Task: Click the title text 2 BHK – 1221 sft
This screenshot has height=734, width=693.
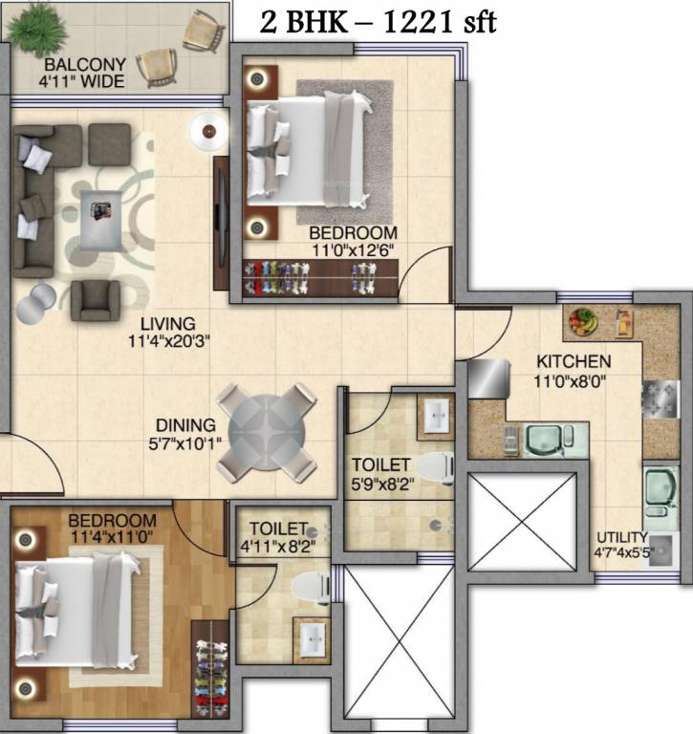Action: point(378,20)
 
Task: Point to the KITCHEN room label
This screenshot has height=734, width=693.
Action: point(573,362)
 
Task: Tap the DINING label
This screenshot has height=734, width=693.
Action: point(188,424)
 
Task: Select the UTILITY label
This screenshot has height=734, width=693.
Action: point(622,537)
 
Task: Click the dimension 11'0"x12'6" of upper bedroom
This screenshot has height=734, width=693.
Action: point(353,250)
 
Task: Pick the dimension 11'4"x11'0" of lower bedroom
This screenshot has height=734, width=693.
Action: point(112,538)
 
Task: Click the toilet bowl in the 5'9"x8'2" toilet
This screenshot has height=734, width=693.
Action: point(439,465)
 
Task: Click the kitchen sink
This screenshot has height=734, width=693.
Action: point(545,441)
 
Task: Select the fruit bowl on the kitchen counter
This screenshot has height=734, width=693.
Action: point(582,321)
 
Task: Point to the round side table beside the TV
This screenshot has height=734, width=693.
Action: point(207,130)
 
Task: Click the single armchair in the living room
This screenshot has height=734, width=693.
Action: point(99,300)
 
